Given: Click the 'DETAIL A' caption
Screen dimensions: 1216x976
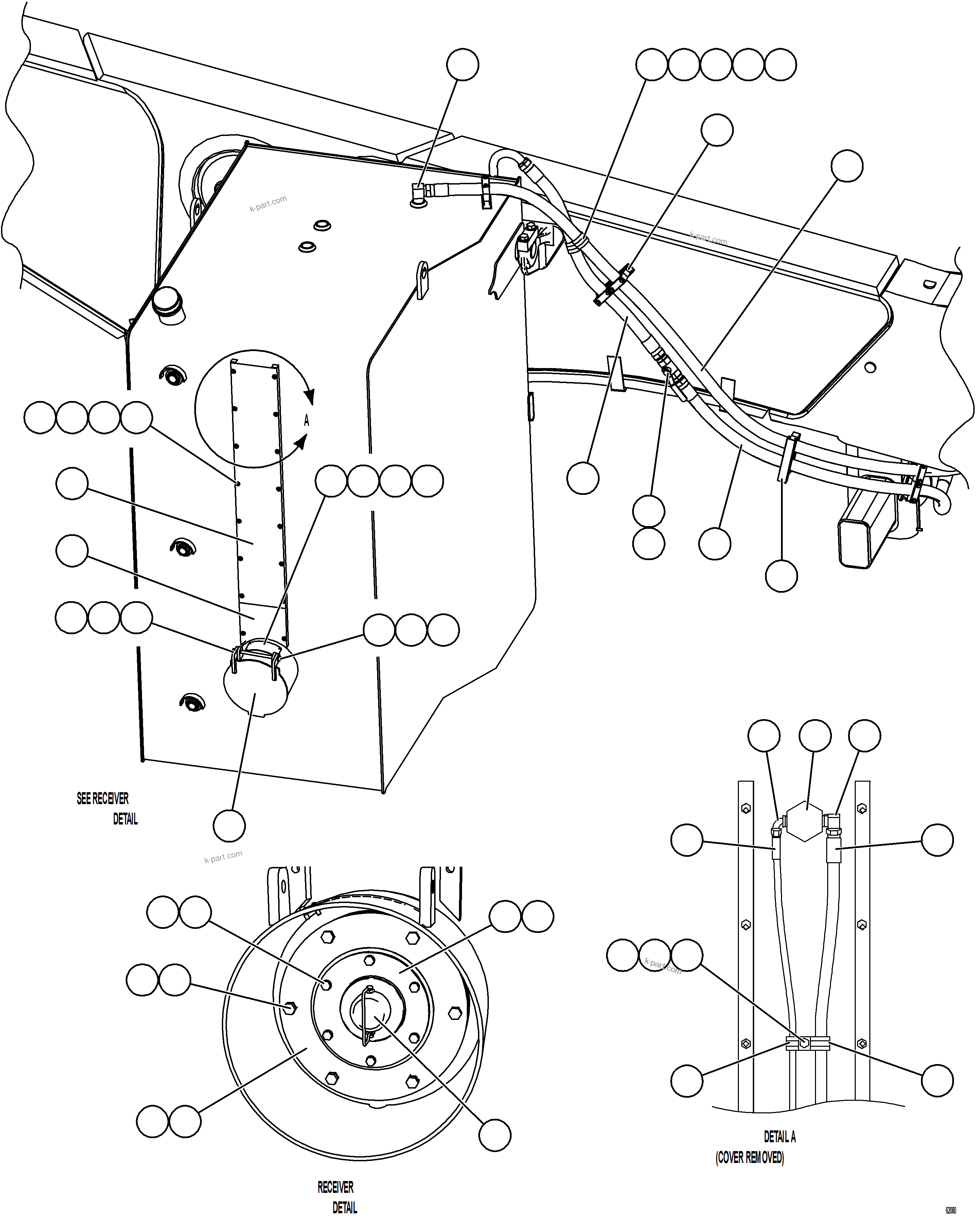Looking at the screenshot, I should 779,1136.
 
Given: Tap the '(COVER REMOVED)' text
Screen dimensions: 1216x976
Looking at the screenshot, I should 749,1157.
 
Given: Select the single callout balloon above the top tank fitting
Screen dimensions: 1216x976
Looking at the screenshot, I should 462,65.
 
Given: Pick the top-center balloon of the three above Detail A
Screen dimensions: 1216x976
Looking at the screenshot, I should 815,736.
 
